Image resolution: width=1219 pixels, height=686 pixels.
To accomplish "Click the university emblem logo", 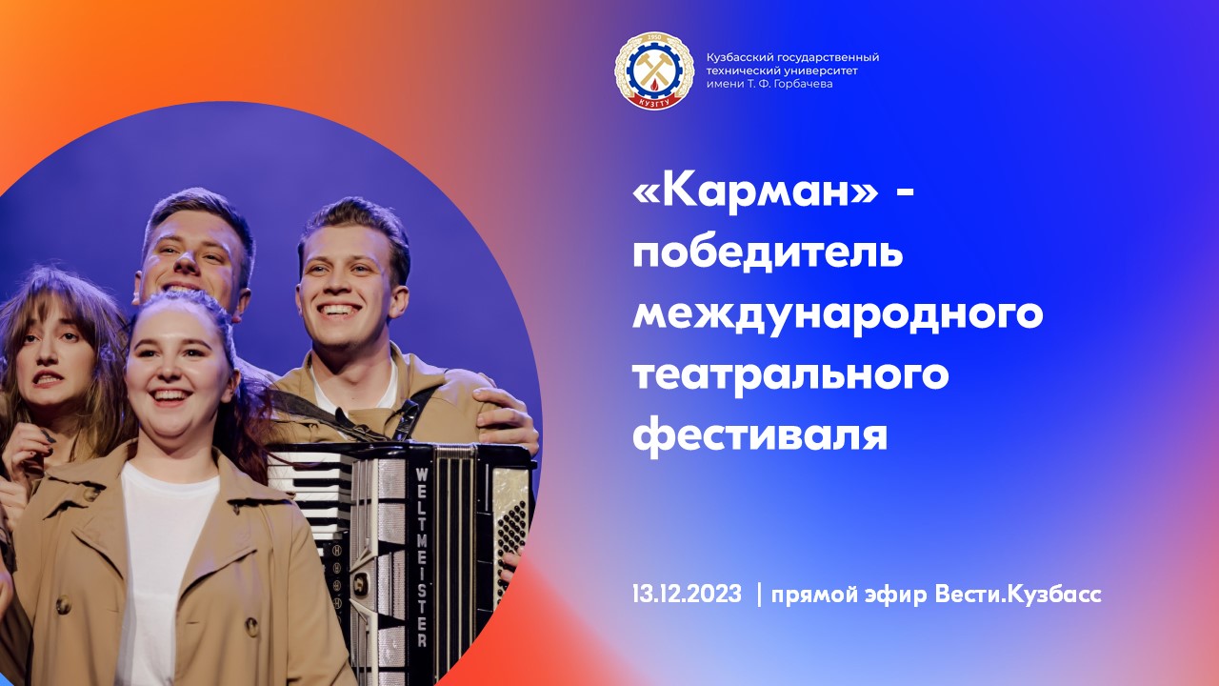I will point(654,71).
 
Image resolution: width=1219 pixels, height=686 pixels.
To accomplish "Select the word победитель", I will point(768,254).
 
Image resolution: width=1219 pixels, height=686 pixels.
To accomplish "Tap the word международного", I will point(838,314).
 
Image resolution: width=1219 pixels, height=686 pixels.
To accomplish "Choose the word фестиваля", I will point(760,434).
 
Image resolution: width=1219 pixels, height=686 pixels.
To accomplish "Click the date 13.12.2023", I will point(686,595).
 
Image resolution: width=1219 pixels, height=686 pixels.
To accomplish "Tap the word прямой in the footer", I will point(818,595).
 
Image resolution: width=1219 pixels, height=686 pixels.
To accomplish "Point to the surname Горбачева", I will point(799,84).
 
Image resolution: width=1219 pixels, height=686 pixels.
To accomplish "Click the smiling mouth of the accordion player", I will point(340,311).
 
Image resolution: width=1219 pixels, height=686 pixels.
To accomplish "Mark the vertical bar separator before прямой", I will point(759,595).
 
